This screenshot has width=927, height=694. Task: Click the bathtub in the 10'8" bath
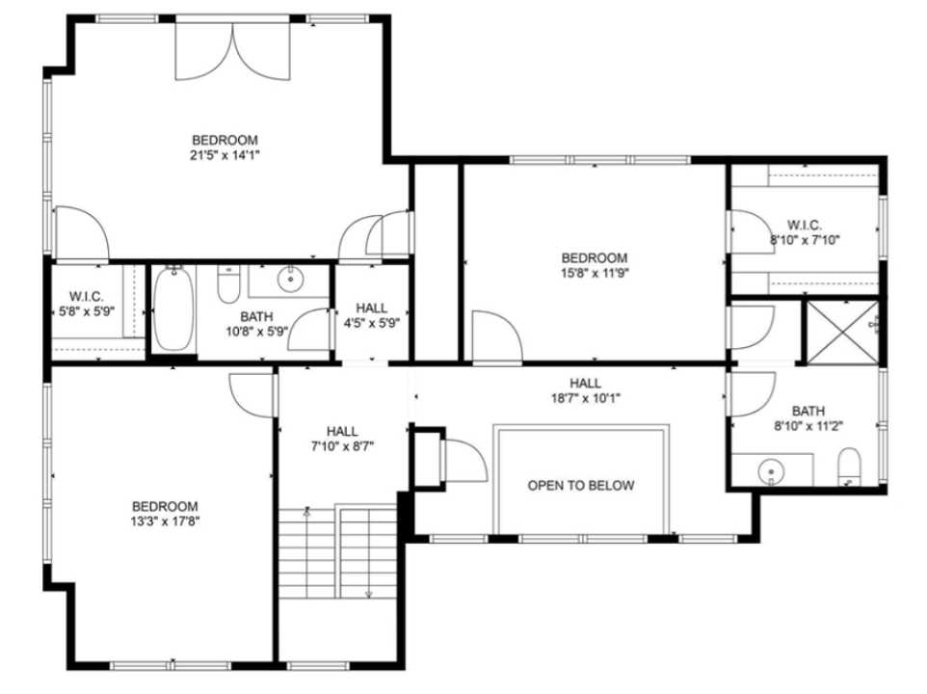pos(173,308)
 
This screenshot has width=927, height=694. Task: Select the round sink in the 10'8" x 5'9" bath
pos(290,280)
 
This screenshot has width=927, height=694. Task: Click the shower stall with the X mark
pos(842,333)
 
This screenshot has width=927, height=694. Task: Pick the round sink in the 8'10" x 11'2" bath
pos(771,472)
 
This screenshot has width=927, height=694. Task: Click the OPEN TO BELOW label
pos(580,485)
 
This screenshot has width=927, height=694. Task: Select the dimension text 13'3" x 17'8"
pos(165,521)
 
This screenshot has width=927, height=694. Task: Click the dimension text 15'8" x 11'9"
pos(595,273)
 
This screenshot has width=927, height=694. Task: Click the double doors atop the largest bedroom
pos(232,53)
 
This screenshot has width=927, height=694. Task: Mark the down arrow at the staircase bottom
pos(368,594)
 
